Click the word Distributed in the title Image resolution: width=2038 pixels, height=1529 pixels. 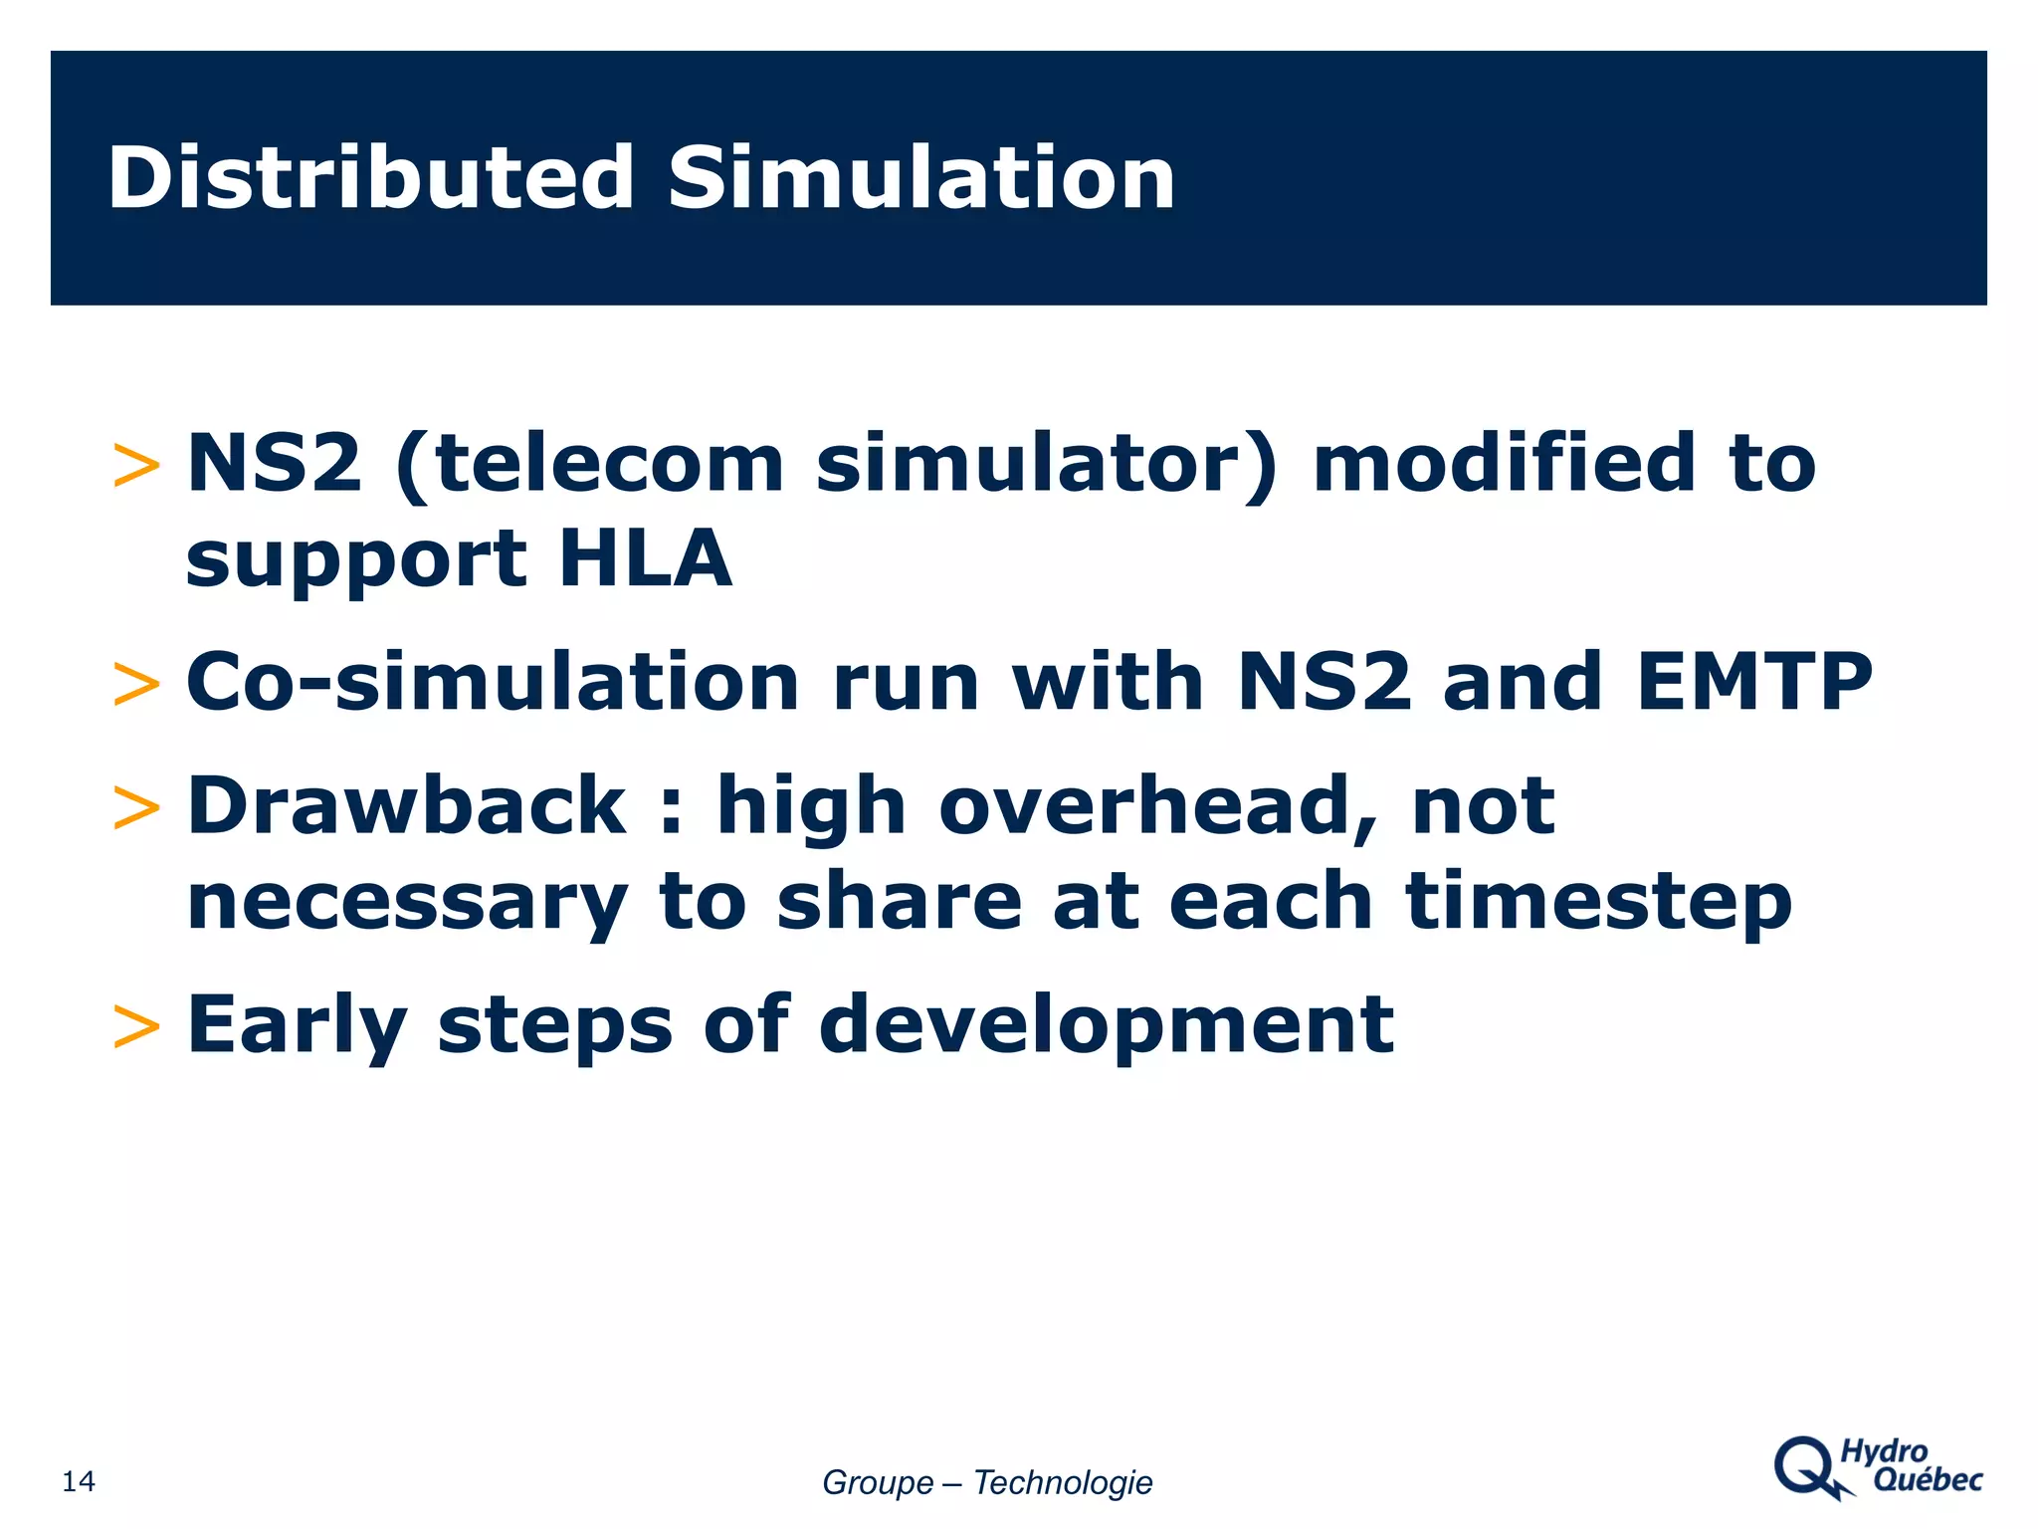click(370, 178)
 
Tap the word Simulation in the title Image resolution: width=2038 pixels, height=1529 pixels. click(921, 178)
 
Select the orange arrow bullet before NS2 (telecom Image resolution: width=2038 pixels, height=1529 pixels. click(136, 466)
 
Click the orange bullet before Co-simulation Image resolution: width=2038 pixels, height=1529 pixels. click(136, 685)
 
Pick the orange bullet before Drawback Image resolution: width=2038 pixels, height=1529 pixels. click(136, 807)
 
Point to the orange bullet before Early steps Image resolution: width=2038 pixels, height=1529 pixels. click(136, 1027)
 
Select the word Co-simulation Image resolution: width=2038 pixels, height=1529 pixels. click(493, 683)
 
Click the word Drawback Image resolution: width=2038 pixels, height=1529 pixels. click(406, 805)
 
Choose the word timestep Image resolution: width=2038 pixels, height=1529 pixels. click(1598, 902)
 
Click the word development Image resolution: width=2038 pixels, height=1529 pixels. click(1106, 1025)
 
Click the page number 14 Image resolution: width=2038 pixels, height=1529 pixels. click(79, 1481)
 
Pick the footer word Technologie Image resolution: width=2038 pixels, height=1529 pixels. click(1062, 1482)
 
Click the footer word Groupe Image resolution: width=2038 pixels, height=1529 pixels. click(877, 1482)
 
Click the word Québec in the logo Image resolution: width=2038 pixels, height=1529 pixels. click(1928, 1480)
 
